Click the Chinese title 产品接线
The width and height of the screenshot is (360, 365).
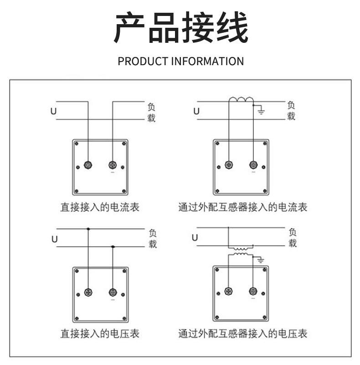click(180, 28)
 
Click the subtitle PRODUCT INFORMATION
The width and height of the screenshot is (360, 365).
click(180, 61)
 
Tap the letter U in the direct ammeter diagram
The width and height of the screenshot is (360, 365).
click(53, 110)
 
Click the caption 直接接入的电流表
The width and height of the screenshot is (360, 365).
click(100, 208)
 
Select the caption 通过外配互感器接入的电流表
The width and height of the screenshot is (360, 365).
click(242, 208)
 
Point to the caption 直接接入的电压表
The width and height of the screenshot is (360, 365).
click(100, 334)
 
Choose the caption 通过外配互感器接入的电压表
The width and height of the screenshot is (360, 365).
click(242, 334)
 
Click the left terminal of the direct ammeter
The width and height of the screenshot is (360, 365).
click(88, 165)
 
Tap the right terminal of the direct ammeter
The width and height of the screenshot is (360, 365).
click(113, 165)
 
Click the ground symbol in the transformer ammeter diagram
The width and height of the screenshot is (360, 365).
click(261, 111)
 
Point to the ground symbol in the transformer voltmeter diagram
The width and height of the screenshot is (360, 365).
click(261, 260)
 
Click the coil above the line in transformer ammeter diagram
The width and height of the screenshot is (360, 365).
click(241, 100)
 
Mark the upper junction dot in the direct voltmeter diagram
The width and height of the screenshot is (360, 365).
click(88, 229)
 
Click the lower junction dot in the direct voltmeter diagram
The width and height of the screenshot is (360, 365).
click(113, 247)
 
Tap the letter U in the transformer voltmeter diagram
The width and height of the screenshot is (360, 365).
click(195, 237)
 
